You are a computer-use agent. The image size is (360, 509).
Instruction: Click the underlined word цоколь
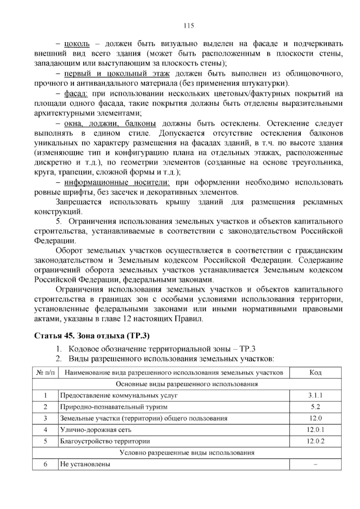(x=77, y=44)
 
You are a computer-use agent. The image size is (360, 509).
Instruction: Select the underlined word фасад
(x=76, y=94)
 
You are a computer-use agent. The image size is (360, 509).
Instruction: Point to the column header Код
(x=315, y=373)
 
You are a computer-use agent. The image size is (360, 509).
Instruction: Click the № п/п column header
(x=45, y=373)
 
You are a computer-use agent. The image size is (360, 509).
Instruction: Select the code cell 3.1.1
(x=315, y=395)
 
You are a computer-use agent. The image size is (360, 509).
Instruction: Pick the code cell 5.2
(x=315, y=407)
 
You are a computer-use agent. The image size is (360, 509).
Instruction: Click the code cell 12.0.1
(x=315, y=429)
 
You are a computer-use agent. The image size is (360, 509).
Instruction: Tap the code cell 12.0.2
(x=315, y=441)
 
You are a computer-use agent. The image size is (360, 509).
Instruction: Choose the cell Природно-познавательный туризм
(x=114, y=407)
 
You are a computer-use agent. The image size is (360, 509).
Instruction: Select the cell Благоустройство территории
(x=105, y=441)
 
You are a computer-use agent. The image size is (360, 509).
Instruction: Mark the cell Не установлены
(x=85, y=464)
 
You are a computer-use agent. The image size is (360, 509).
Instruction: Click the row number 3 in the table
(x=45, y=418)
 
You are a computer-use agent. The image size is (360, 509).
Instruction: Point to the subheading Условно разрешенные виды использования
(x=187, y=453)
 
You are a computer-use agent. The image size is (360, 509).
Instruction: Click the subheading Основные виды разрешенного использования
(x=187, y=384)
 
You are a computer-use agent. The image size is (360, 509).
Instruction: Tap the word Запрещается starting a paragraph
(x=79, y=202)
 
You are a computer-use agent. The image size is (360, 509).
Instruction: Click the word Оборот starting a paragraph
(x=69, y=250)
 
